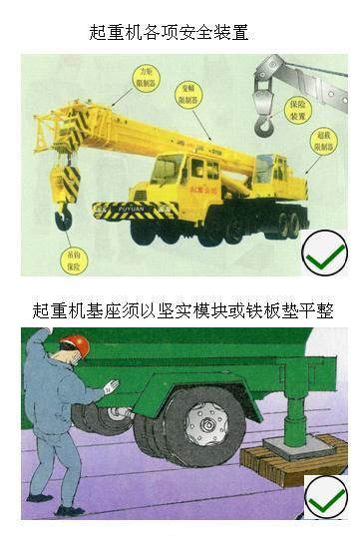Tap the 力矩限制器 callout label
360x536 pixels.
[146, 77]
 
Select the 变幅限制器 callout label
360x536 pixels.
[185, 95]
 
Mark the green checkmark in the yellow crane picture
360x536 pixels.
[324, 255]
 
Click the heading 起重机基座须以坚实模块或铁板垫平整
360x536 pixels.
[182, 311]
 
